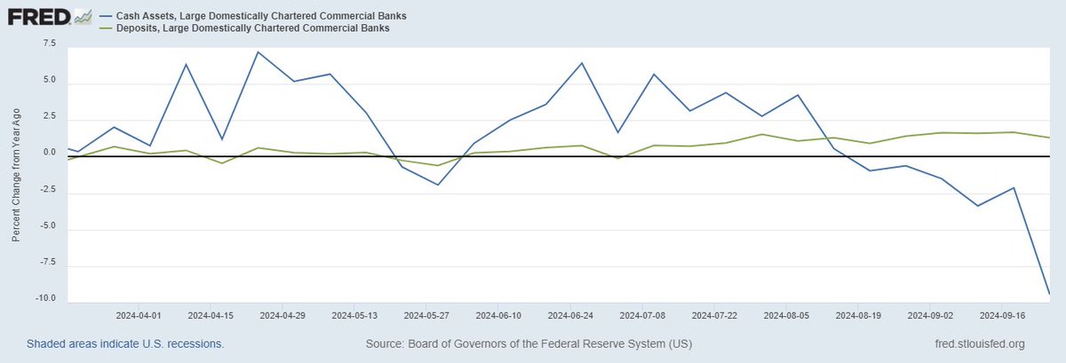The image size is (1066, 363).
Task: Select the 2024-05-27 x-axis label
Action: pos(427,315)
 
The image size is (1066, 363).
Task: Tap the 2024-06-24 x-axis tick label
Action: pos(571,315)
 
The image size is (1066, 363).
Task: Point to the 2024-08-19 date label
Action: pos(859,315)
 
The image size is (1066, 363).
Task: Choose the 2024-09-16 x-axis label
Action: pos(1003,315)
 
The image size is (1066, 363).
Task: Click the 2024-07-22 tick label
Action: pos(715,315)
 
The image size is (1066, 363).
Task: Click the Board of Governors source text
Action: pos(529,343)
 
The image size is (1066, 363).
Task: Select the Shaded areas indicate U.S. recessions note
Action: pos(125,343)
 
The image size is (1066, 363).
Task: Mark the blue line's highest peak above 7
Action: pos(257,51)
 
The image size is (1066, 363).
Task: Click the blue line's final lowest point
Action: pos(1050,294)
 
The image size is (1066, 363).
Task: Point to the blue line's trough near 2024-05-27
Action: pos(438,185)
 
